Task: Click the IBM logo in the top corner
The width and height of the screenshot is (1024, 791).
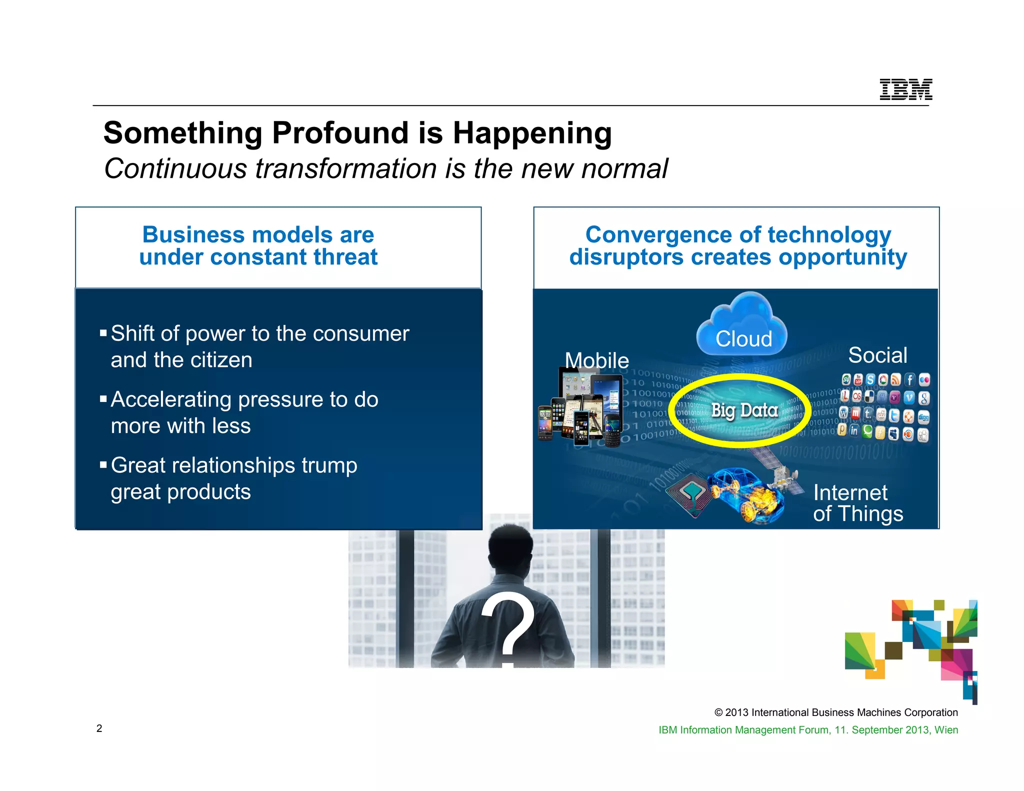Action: (905, 89)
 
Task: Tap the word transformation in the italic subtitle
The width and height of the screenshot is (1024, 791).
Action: (346, 168)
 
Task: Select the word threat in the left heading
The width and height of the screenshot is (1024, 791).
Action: (345, 257)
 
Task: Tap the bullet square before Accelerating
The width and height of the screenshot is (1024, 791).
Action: (103, 399)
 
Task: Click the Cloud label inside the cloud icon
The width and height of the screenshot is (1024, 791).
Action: (743, 339)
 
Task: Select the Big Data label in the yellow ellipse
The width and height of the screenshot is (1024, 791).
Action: (744, 410)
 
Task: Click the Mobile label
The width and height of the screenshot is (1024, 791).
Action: (596, 360)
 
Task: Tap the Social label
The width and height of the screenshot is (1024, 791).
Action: (877, 355)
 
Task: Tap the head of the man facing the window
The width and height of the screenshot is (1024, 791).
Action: (510, 548)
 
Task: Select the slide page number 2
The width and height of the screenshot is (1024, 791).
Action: (99, 728)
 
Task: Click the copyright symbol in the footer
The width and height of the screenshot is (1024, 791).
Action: (718, 712)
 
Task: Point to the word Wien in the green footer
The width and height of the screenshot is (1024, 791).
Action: (946, 730)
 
